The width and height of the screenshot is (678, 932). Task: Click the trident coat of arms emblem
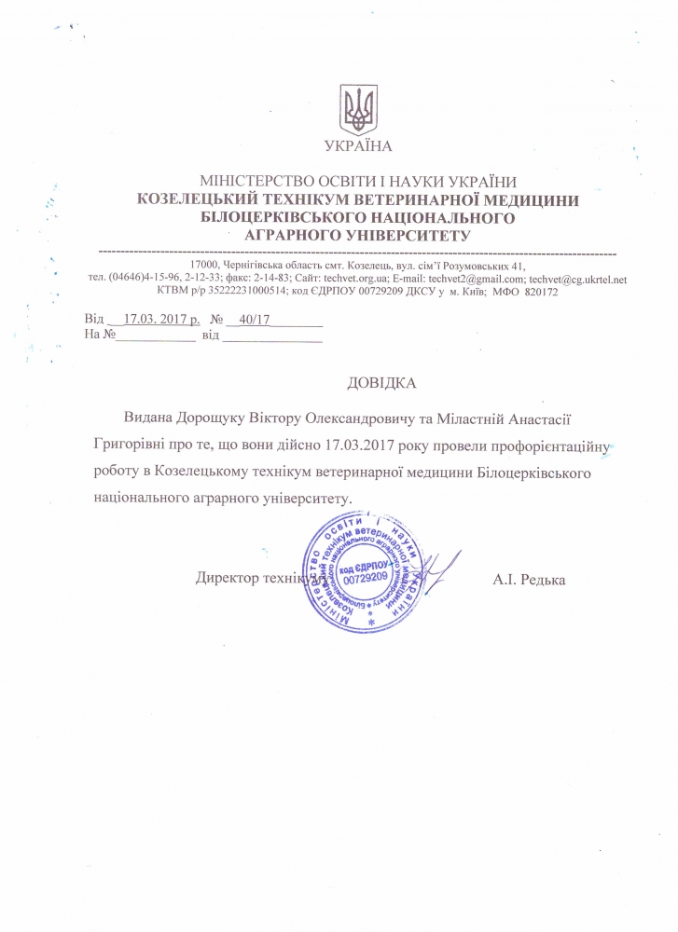coord(359,109)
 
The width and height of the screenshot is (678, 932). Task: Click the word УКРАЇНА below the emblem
coord(358,145)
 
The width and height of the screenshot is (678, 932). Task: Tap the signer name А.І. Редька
coord(529,580)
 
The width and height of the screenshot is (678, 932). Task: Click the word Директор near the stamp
coord(228,578)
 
